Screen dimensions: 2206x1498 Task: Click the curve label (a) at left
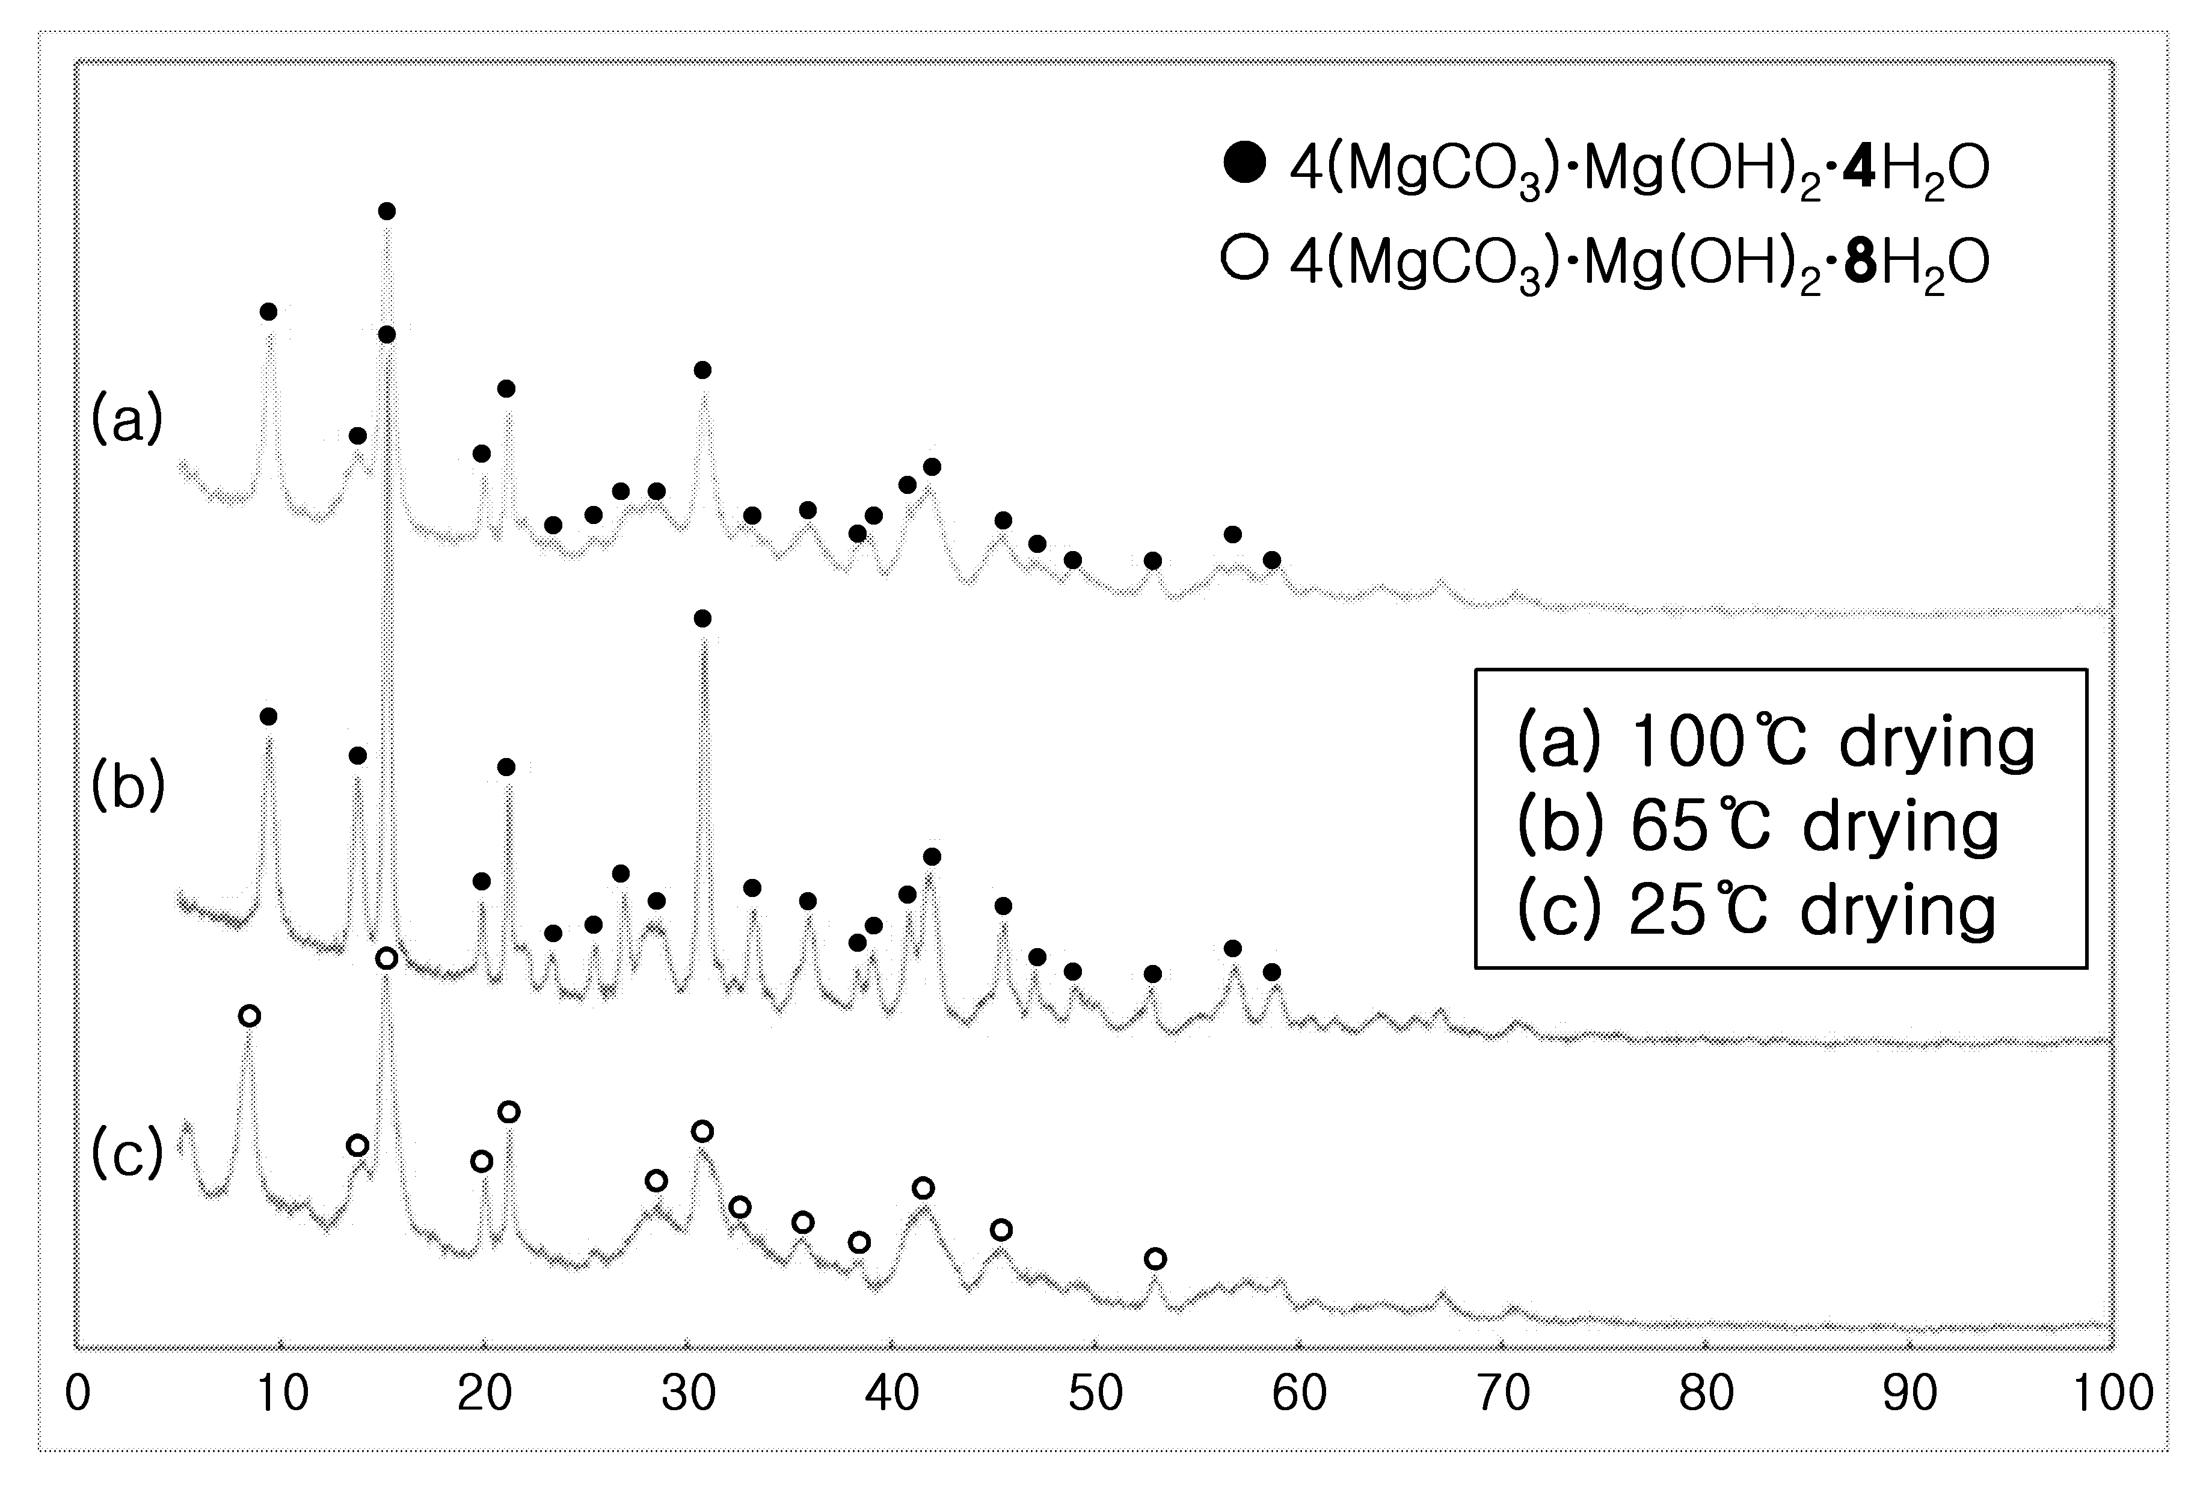[127, 419]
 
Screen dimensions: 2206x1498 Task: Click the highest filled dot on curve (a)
[386, 211]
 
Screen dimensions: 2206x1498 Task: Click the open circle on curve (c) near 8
[249, 1016]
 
